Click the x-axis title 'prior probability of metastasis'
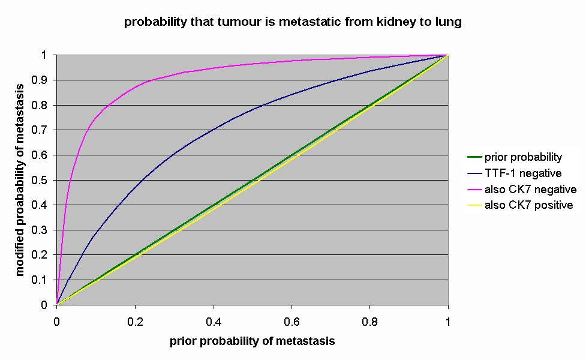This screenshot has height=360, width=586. tap(252, 341)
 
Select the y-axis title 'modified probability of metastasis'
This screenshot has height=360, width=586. tap(21, 179)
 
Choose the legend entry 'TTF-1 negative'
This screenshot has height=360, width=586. tap(522, 173)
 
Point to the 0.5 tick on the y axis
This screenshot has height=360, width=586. tap(44, 180)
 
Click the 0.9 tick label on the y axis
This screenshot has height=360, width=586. tap(44, 80)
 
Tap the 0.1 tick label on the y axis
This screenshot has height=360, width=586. tap(44, 280)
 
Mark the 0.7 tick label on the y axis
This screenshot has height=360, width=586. tap(44, 130)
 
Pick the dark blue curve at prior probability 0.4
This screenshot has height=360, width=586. tap(214, 130)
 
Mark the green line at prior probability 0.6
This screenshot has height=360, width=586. tap(292, 154)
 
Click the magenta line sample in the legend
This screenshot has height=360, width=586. tap(474, 190)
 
